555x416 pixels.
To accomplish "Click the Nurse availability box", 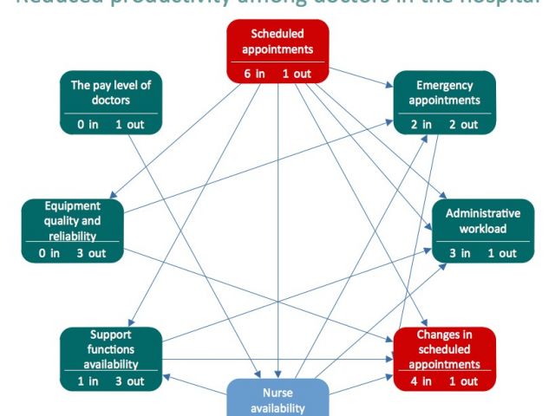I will point(277,398).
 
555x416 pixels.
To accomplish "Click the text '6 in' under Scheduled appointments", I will point(253,73).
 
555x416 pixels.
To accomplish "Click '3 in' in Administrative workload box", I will point(460,253).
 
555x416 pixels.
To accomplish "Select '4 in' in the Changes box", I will point(421,381).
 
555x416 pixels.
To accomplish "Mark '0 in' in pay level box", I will point(87,125).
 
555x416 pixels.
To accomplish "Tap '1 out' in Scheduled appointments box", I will point(297,73).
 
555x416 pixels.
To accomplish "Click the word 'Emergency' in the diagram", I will point(444,85).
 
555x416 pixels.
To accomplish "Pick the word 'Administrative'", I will point(483,213).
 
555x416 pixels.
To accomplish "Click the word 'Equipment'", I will point(73,206).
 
